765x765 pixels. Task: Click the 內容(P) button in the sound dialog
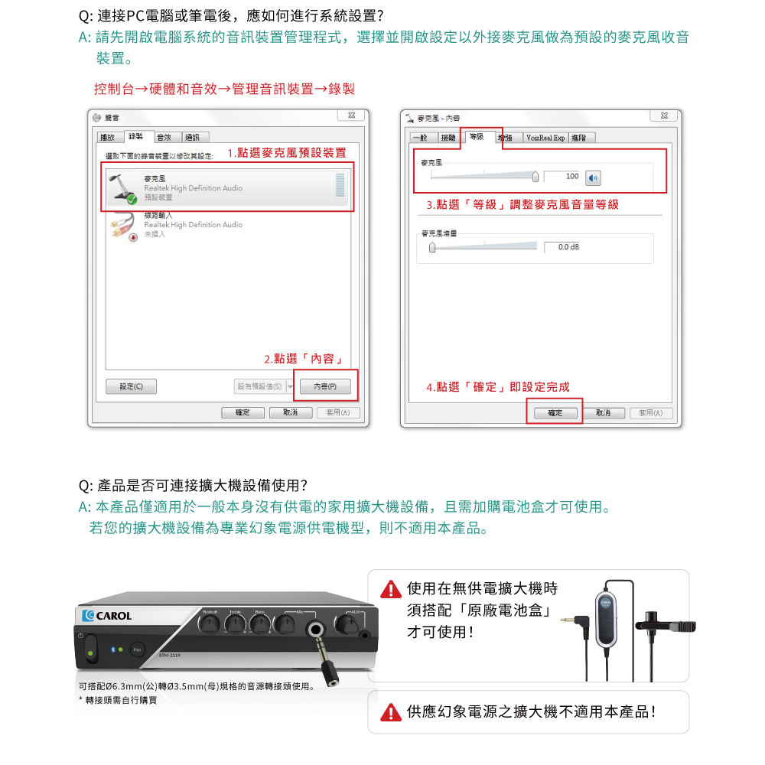[325, 387]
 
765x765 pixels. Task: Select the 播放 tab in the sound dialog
[108, 138]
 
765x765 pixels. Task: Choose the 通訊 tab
[190, 138]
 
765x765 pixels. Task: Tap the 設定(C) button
[131, 387]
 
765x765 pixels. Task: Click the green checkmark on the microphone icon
[132, 200]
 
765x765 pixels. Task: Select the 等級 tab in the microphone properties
[476, 137]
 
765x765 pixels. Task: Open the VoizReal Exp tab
[545, 138]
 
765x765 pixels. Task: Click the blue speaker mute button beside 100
[593, 177]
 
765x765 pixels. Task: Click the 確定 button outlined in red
[555, 413]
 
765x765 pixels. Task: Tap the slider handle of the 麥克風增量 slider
[432, 246]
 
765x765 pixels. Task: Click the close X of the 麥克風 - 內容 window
[662, 116]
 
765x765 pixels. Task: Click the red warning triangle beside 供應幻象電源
[391, 713]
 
